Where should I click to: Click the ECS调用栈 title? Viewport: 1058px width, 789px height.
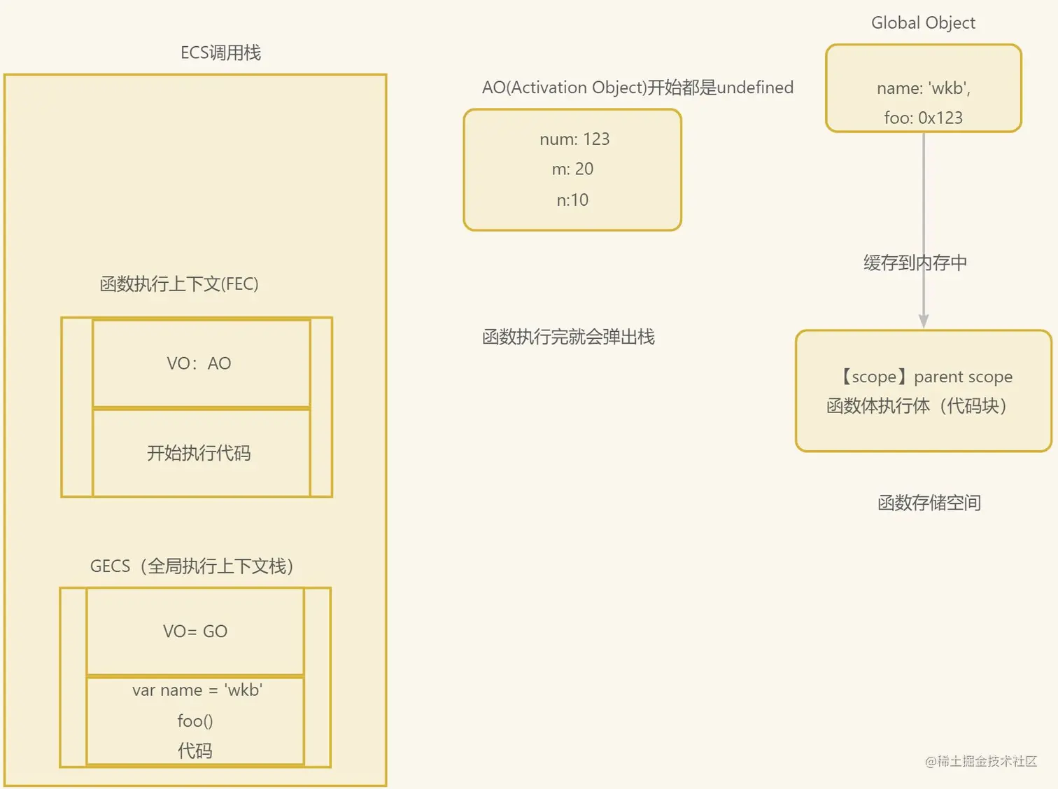point(220,53)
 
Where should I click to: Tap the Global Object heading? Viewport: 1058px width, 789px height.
point(923,23)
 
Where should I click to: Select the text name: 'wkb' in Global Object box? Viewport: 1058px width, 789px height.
point(923,88)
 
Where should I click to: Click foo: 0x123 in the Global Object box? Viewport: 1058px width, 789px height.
point(923,118)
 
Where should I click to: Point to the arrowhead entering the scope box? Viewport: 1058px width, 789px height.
point(924,321)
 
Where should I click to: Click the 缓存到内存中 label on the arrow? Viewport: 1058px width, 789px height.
point(915,263)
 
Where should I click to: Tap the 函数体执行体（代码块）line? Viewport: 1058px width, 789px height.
point(917,406)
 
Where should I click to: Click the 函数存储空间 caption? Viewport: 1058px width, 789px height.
point(929,503)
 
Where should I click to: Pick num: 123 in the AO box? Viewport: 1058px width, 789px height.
point(574,139)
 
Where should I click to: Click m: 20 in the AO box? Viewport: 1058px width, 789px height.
point(572,169)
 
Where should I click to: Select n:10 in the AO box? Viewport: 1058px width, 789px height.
point(572,200)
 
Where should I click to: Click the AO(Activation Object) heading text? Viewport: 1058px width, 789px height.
point(637,88)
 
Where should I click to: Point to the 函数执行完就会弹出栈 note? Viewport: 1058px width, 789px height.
point(568,337)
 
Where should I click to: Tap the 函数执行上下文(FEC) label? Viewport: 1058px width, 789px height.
point(179,284)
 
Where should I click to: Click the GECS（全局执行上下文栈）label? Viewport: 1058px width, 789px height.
point(192,566)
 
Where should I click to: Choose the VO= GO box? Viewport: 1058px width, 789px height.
point(195,631)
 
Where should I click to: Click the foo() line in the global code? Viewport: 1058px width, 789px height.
point(195,721)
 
